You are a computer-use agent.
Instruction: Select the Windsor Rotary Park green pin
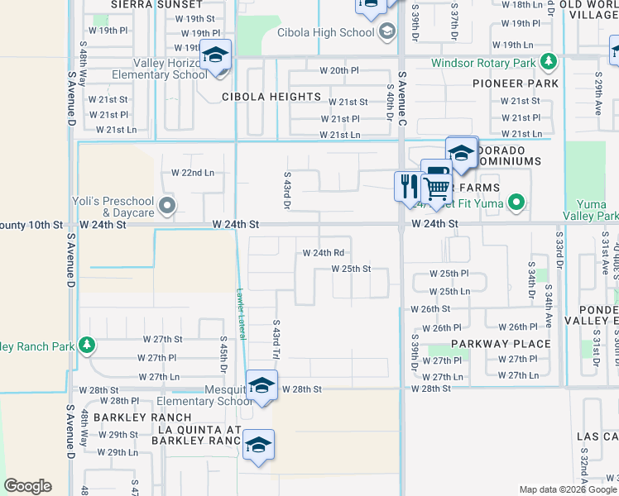pos(547,61)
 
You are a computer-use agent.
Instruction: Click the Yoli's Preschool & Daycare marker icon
pos(167,204)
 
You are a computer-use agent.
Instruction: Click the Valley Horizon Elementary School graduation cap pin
pos(215,56)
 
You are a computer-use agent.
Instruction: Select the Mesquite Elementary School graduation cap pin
pos(262,386)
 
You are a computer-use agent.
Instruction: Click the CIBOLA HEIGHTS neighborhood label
pos(271,97)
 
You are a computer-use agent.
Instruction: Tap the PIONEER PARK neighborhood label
pos(516,83)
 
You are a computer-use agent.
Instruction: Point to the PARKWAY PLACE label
pos(501,344)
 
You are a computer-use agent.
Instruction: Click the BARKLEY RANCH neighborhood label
pos(142,417)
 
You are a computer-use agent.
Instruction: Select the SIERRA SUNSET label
pos(145,4)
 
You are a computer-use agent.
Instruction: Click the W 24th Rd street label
pos(324,253)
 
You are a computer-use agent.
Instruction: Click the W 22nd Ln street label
pos(193,173)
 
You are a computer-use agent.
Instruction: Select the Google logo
pos(27,486)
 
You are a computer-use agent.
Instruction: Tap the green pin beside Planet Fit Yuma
pos(517,201)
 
